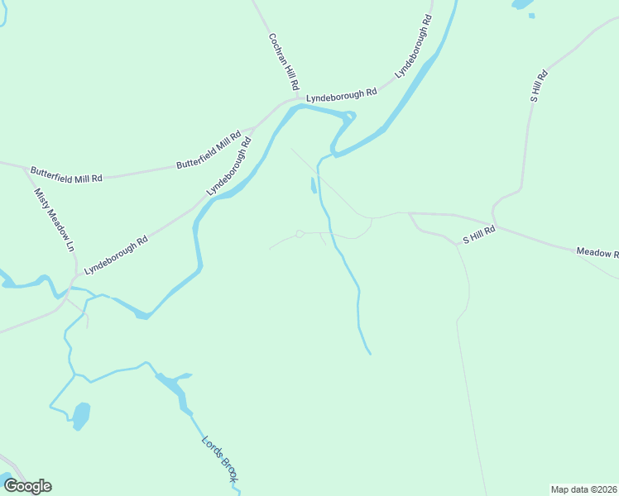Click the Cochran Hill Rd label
tap(282, 62)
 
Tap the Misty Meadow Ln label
tap(54, 220)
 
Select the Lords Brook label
tap(220, 458)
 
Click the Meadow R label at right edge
tap(597, 251)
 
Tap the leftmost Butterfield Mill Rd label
tap(66, 174)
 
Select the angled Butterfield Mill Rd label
tap(209, 150)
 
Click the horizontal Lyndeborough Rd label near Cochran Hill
tap(341, 95)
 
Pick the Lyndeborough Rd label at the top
tap(414, 46)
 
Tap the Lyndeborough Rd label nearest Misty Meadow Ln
tap(116, 255)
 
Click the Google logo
tap(27, 486)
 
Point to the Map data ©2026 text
tap(584, 489)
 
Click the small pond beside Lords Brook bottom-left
tap(81, 414)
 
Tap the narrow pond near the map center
tap(313, 185)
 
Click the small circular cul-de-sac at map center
tap(300, 234)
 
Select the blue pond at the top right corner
tap(522, 4)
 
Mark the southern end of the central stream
tap(369, 353)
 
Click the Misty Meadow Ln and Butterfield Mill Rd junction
tap(26, 170)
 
